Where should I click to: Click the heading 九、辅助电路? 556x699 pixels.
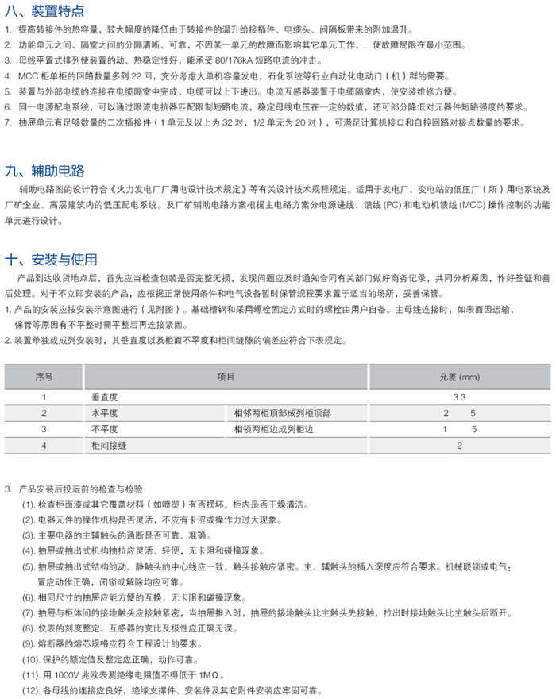pos(44,169)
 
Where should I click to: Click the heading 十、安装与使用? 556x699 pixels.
pos(50,259)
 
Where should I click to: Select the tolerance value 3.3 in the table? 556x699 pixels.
pos(459,396)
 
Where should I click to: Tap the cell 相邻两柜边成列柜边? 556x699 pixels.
pos(275,430)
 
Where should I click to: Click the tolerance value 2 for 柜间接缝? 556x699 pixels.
pos(459,446)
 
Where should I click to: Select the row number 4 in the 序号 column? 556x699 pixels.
pos(44,446)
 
